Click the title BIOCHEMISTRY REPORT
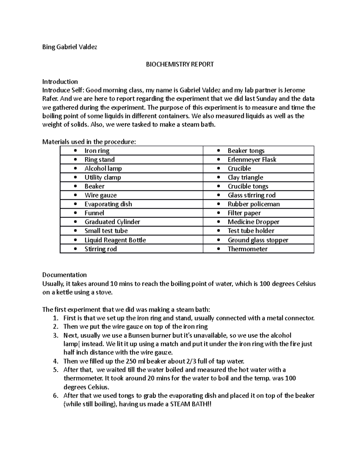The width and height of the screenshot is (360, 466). pyautogui.click(x=180, y=64)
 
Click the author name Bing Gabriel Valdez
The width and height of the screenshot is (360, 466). pyautogui.click(x=70, y=47)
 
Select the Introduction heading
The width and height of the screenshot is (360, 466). pyautogui.click(x=60, y=82)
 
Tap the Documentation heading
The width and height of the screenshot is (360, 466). pyautogui.click(x=64, y=275)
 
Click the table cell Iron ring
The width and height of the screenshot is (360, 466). pyautogui.click(x=97, y=151)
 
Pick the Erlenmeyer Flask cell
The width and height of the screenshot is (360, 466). pyautogui.click(x=252, y=160)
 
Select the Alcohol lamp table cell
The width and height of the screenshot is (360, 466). pyautogui.click(x=103, y=168)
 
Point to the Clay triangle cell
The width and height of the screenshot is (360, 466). pyautogui.click(x=245, y=177)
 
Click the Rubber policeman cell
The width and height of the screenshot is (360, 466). pyautogui.click(x=253, y=204)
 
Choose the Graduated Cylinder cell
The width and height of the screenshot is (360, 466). pyautogui.click(x=112, y=222)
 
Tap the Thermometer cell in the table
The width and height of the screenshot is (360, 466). pyautogui.click(x=247, y=249)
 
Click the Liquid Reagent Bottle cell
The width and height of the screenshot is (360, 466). pyautogui.click(x=115, y=240)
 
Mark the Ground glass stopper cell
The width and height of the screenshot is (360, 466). pyautogui.click(x=258, y=240)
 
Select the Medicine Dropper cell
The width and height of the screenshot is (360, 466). pyautogui.click(x=253, y=222)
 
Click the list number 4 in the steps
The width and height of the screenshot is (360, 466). pyautogui.click(x=55, y=361)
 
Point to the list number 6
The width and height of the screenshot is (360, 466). pyautogui.click(x=55, y=395)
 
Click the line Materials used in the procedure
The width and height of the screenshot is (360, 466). pyautogui.click(x=89, y=142)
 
